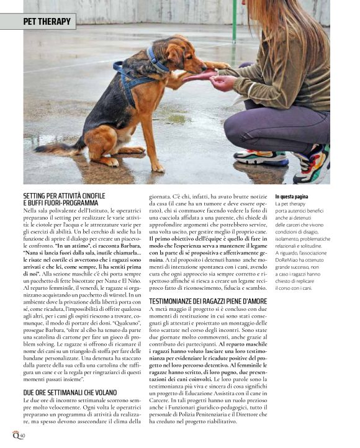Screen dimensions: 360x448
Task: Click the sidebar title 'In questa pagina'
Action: click(x=292, y=197)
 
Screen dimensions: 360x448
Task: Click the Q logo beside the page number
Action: click(x=14, y=436)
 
